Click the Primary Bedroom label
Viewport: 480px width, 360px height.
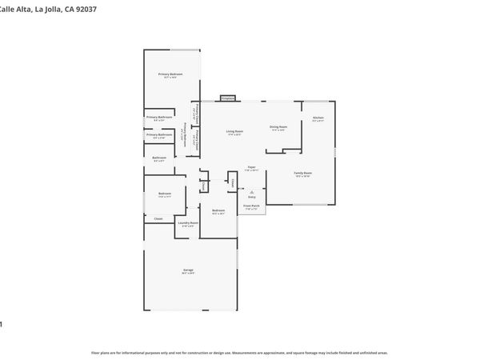(170, 74)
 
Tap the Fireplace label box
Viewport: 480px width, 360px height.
(227, 98)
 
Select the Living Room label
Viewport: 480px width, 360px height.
(234, 130)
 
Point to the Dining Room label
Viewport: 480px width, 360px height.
(278, 126)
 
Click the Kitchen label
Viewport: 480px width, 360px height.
(318, 118)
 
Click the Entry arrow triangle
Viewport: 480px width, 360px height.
(251, 192)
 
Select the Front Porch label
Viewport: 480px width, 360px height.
(251, 206)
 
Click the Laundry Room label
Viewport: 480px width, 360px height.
(188, 223)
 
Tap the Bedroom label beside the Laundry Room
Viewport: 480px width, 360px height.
(218, 210)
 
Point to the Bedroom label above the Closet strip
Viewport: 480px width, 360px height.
(164, 194)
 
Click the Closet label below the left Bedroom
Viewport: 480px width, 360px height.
(158, 218)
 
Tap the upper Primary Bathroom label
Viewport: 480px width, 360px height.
(159, 118)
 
